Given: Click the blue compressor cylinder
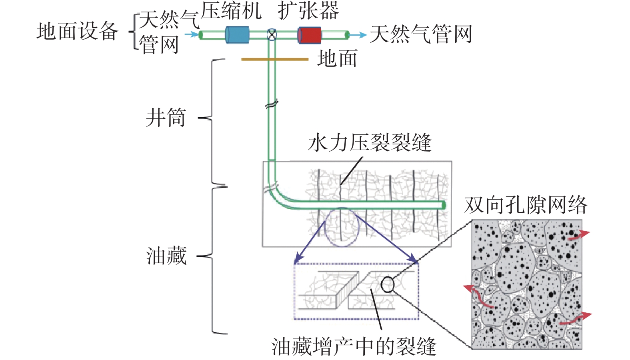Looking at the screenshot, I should tap(237, 35).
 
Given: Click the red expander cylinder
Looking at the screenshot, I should tap(309, 35).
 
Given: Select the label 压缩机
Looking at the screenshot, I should tap(231, 11).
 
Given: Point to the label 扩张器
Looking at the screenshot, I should tap(308, 11).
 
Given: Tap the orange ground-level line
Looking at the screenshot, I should tap(274, 59).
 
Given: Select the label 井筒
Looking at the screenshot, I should tap(166, 118).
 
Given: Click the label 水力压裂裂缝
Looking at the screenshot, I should tap(370, 143).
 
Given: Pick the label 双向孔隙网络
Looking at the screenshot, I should tap(525, 205).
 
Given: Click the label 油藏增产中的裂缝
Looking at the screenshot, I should tap(354, 346).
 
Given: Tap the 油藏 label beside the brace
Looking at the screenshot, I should tap(166, 256).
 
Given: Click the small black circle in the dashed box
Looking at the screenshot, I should tap(387, 285).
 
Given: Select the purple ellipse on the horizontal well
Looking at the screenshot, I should tap(342, 227).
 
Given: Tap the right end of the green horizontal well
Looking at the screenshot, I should tap(443, 205).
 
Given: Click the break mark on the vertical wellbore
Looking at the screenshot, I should tap(272, 104).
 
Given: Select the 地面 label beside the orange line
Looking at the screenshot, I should tap(337, 59).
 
